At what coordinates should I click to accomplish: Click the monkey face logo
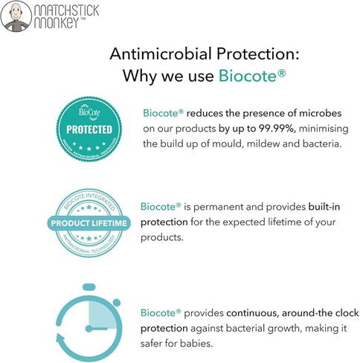pyautogui.click(x=16, y=16)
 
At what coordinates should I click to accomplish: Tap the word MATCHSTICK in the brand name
pyautogui.click(x=66, y=10)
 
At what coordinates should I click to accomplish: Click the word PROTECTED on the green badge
pyautogui.click(x=89, y=129)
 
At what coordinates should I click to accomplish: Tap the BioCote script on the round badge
pyautogui.click(x=89, y=112)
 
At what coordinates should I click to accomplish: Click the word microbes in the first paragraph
pyautogui.click(x=321, y=113)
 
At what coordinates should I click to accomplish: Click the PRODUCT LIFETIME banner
pyautogui.click(x=89, y=223)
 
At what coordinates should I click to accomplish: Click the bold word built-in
pyautogui.click(x=324, y=207)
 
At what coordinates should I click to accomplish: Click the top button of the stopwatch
pyautogui.click(x=89, y=287)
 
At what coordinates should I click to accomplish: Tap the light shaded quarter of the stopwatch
pyautogui.click(x=102, y=315)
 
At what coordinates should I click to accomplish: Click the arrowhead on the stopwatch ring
pyautogui.click(x=61, y=338)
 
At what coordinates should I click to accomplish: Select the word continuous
pyautogui.click(x=253, y=313)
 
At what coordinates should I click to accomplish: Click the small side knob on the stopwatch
pyautogui.click(x=117, y=303)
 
